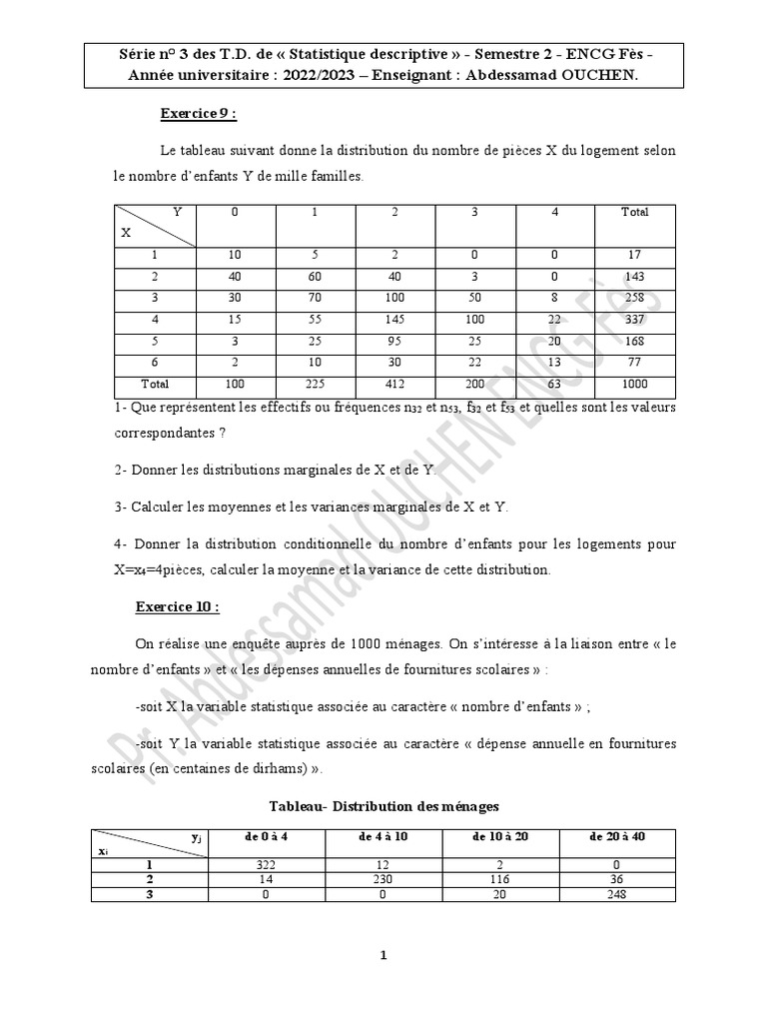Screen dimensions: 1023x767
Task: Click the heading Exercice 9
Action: click(x=198, y=114)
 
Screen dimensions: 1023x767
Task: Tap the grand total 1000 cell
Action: click(x=634, y=384)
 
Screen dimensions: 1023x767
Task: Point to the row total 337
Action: click(x=634, y=320)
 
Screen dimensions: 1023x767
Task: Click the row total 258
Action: click(x=634, y=298)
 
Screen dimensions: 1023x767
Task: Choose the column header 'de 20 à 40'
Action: click(x=617, y=836)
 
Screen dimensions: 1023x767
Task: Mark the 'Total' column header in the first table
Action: click(x=634, y=212)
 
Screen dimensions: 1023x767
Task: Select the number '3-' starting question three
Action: click(x=121, y=507)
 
